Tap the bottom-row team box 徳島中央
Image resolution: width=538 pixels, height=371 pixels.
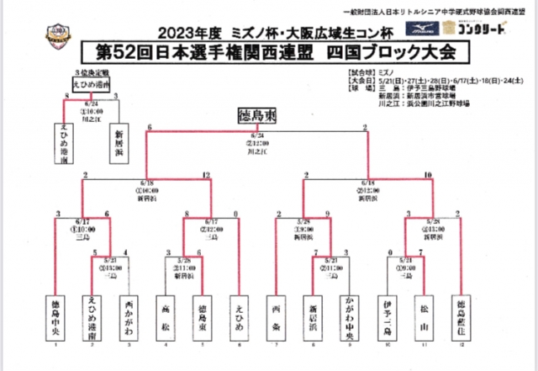[57, 315]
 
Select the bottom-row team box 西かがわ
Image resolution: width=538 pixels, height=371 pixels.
[127, 315]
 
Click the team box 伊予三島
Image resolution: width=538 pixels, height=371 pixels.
[388, 315]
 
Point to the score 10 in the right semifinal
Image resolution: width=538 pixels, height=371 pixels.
[429, 175]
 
